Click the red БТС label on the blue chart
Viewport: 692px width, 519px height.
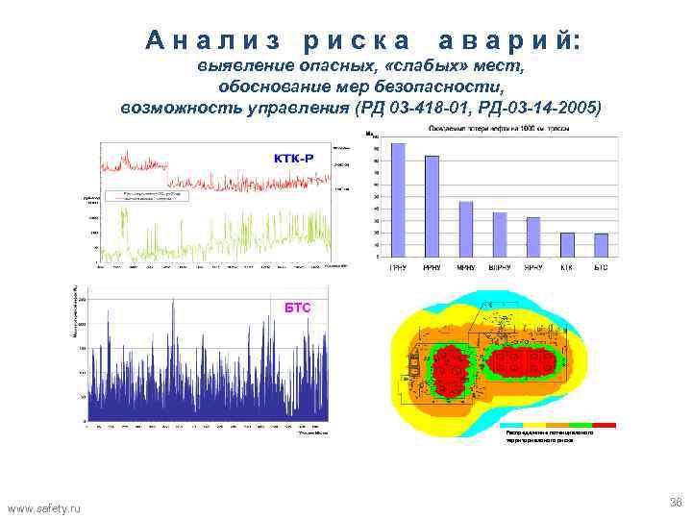(x=298, y=306)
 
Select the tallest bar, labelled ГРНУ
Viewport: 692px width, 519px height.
(x=397, y=201)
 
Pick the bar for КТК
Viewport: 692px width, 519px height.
(x=567, y=245)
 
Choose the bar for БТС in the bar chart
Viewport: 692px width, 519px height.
(x=601, y=246)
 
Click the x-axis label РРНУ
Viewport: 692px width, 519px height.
(x=431, y=267)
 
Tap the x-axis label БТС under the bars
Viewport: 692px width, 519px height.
(x=601, y=267)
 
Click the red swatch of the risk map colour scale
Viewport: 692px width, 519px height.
(x=605, y=424)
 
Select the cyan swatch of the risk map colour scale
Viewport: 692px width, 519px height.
(x=510, y=424)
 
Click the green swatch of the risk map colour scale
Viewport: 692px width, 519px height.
(x=581, y=424)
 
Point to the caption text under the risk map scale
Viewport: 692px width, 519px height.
(x=549, y=436)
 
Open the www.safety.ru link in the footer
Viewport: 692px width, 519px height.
(x=45, y=507)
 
